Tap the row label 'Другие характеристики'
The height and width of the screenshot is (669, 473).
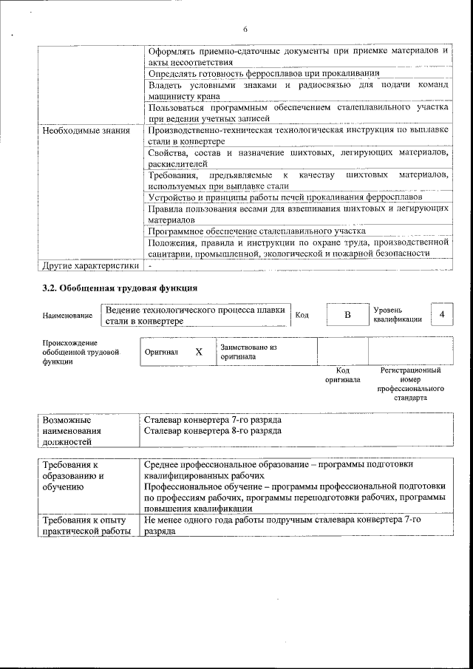pyautogui.click(x=90, y=265)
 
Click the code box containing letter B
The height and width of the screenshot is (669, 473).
pyautogui.click(x=347, y=315)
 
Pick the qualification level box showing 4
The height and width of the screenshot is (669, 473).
pyautogui.click(x=442, y=315)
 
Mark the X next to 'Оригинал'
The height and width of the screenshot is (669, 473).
pyautogui.click(x=198, y=352)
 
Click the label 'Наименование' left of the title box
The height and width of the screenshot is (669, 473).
pyautogui.click(x=67, y=316)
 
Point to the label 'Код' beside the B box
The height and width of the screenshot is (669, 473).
pyautogui.click(x=302, y=316)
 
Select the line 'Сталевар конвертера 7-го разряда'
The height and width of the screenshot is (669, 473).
pyautogui.click(x=213, y=420)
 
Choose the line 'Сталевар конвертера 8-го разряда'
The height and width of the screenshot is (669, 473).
pyautogui.click(x=213, y=430)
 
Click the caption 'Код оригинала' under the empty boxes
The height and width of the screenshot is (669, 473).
pyautogui.click(x=342, y=375)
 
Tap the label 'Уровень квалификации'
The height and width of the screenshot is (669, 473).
pyautogui.click(x=398, y=315)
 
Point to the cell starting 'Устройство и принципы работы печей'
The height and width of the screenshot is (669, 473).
pyautogui.click(x=285, y=198)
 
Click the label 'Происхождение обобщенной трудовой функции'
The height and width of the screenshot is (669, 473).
pyautogui.click(x=81, y=352)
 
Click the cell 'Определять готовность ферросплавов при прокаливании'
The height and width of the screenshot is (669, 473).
pyautogui.click(x=264, y=74)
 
